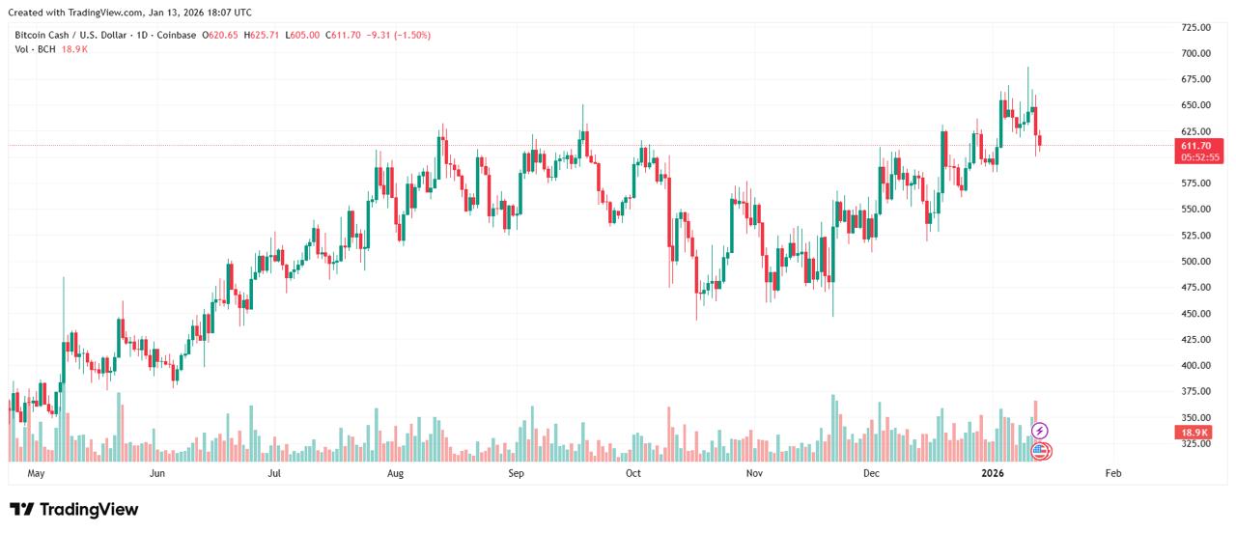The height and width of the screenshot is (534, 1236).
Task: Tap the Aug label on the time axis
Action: click(394, 474)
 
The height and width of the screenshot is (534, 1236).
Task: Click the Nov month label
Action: click(755, 474)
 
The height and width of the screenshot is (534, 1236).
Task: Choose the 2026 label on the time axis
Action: click(993, 474)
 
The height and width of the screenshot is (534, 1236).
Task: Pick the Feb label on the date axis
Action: click(1112, 474)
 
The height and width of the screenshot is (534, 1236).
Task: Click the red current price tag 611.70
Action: click(1195, 146)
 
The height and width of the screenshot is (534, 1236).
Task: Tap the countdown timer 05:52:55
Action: click(1195, 157)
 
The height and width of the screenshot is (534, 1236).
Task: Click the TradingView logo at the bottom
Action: click(74, 510)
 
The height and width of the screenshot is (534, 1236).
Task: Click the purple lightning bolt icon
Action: click(1040, 431)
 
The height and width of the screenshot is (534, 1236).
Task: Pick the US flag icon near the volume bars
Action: click(1040, 450)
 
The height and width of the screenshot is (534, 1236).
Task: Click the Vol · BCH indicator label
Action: click(35, 49)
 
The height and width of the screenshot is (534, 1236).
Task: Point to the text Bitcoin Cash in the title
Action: click(42, 35)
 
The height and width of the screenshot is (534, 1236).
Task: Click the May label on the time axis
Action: click(37, 474)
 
